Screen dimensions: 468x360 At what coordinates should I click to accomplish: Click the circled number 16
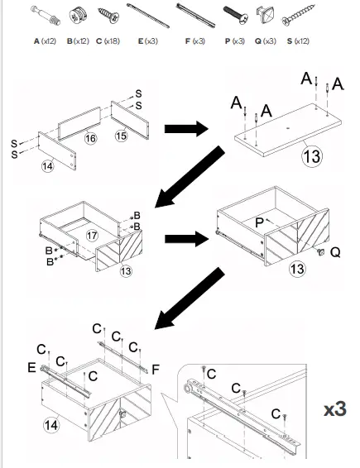[x=90, y=139]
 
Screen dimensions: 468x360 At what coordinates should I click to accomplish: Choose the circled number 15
[x=122, y=135]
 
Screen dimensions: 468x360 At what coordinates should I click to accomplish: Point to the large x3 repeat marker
[x=334, y=410]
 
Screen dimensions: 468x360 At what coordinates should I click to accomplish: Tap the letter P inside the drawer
[x=259, y=222]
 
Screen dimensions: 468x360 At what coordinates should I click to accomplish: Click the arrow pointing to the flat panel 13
[x=186, y=129]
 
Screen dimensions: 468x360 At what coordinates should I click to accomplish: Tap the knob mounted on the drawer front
[x=318, y=251]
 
